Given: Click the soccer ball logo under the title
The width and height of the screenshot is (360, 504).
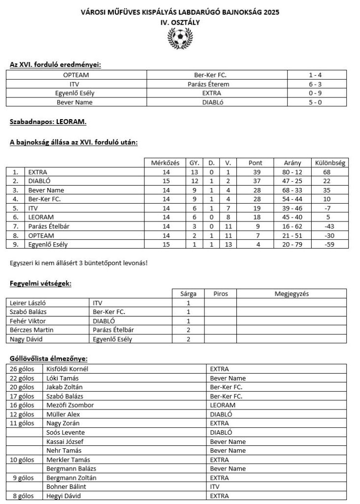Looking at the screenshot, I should (x=180, y=37).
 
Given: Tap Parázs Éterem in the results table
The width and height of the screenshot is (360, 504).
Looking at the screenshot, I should (x=212, y=84).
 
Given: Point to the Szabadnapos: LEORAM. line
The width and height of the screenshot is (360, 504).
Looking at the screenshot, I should (x=48, y=120).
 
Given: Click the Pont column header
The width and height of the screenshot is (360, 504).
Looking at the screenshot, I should (x=255, y=163).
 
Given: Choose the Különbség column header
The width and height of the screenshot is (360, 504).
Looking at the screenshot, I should (x=329, y=163).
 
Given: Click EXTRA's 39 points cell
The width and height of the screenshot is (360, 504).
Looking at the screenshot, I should (x=255, y=172).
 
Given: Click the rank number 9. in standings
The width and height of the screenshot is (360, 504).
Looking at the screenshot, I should (x=16, y=244).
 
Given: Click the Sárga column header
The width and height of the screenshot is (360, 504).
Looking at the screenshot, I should (x=189, y=294).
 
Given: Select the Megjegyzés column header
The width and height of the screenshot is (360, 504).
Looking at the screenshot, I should (x=291, y=294).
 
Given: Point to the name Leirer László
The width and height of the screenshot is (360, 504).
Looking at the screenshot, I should (x=31, y=303).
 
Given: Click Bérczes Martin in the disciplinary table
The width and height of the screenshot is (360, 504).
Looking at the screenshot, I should (x=32, y=330).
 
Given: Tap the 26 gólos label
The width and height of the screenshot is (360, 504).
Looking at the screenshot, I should (x=24, y=369).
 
